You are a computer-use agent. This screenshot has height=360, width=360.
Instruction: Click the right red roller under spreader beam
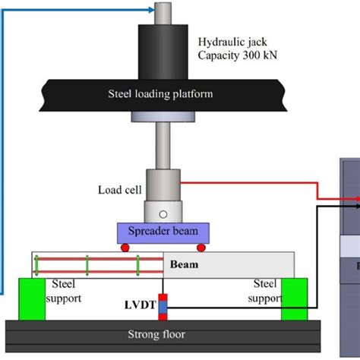(x=201, y=247)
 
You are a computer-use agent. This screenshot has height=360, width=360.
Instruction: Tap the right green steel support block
(x=295, y=298)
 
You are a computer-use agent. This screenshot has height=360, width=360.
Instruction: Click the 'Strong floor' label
(x=163, y=333)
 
